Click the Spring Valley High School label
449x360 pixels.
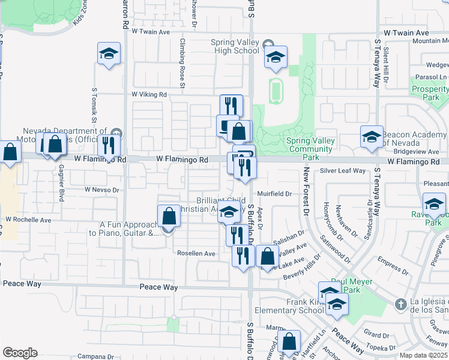235,46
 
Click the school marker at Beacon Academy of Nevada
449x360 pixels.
372,137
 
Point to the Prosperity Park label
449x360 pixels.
431,93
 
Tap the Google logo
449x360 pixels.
19,352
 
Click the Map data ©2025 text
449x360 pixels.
423,355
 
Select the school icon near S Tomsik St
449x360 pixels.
109,53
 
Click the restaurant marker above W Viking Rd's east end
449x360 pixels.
231,106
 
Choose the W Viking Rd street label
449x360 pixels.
149,94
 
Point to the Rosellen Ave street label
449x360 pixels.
196,254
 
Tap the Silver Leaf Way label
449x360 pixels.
342,171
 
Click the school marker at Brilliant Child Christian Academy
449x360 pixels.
228,211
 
